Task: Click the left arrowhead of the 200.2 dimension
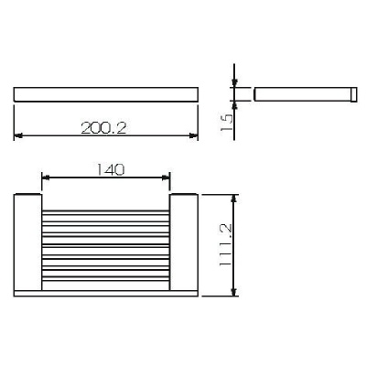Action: [x=18, y=138]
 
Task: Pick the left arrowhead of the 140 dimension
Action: [x=46, y=178]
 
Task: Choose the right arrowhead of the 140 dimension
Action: [x=167, y=178]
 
